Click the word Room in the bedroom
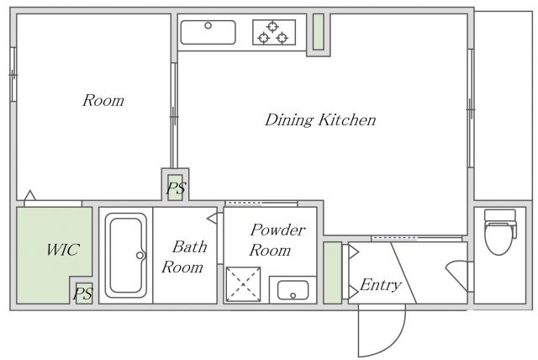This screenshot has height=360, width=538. point(103,100)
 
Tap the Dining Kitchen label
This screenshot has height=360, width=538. point(320,119)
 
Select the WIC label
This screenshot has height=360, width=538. point(63,250)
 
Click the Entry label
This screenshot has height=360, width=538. point(381,284)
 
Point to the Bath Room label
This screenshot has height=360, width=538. point(185,257)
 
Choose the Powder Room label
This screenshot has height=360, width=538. point(277,240)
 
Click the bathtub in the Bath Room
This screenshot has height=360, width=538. point(126,256)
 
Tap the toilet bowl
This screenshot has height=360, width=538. point(500,232)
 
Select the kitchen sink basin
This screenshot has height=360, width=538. point(208,32)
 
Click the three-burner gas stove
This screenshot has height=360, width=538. point(274,32)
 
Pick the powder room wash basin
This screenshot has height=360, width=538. point(293,290)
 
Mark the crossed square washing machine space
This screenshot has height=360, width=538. point(243,284)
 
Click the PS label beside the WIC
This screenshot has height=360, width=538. point(83,294)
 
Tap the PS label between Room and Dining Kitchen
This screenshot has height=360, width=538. point(177,188)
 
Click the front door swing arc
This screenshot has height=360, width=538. point(395,343)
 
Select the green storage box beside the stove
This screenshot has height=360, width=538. point(319,32)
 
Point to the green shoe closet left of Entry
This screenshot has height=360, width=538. point(333,273)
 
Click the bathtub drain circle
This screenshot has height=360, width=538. point(140,256)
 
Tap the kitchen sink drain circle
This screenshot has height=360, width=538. point(208,25)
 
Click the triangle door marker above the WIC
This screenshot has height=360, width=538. point(30,195)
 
